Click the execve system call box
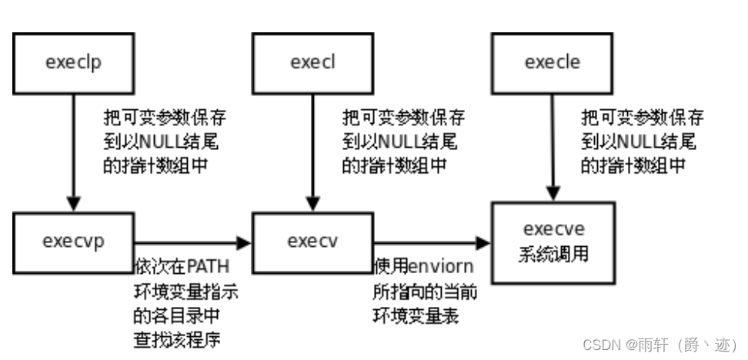tap(552, 240)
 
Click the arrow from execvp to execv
tap(192, 243)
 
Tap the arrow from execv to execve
tap(431, 243)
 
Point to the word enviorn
tap(440, 266)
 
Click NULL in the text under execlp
tap(157, 142)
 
